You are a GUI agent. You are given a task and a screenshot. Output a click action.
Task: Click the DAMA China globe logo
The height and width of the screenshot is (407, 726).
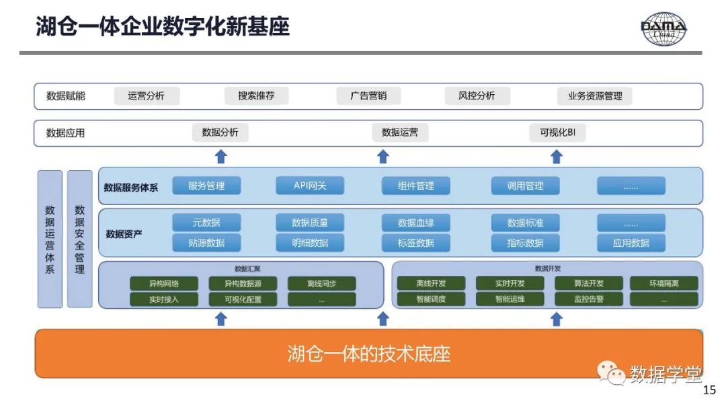(x=663, y=29)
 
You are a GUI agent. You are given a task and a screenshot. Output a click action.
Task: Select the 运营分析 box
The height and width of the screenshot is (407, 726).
(x=147, y=96)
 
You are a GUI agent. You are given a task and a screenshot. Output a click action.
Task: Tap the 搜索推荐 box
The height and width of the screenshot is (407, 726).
(x=256, y=96)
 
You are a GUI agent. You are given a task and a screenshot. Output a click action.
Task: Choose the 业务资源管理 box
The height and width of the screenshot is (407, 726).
(x=595, y=96)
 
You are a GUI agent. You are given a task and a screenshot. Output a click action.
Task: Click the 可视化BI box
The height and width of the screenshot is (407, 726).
(x=557, y=133)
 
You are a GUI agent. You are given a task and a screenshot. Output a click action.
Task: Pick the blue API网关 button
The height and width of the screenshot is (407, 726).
(x=310, y=186)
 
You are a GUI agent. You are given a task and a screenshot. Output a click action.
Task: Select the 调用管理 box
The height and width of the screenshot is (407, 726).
(x=525, y=186)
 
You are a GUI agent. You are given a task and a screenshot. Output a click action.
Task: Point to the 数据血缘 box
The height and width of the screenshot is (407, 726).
(x=416, y=223)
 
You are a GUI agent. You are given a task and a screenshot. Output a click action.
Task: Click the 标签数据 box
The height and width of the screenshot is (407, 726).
(x=416, y=243)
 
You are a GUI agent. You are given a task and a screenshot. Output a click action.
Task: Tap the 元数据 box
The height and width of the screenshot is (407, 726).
(x=206, y=223)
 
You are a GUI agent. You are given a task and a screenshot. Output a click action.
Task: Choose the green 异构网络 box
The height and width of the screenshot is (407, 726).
(x=164, y=283)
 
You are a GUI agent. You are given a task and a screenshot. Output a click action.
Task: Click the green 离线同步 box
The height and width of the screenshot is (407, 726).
(x=321, y=283)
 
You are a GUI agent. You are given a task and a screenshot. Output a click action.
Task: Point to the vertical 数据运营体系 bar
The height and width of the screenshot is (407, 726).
(x=50, y=239)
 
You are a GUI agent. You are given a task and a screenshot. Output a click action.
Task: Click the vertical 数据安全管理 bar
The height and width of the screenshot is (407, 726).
(x=79, y=239)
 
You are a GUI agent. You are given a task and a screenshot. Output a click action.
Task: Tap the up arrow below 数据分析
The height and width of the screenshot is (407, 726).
(x=220, y=157)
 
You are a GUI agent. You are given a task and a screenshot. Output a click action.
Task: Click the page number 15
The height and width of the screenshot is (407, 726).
(x=709, y=390)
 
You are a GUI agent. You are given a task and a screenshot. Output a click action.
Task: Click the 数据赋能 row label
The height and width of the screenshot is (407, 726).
(x=66, y=96)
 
